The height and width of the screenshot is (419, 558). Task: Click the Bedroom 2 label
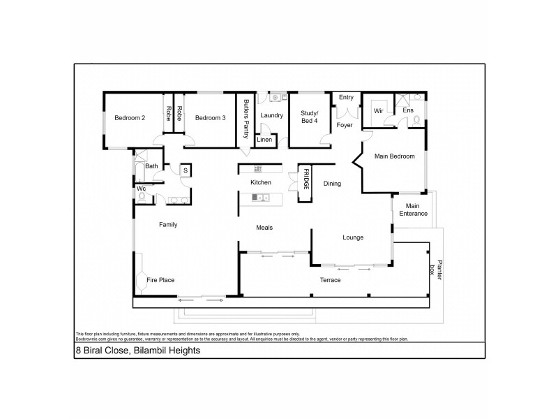click(130, 118)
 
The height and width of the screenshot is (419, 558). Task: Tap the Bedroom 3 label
click(210, 118)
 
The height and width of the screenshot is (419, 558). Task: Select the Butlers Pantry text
click(246, 118)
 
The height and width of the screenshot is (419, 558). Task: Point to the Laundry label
click(271, 115)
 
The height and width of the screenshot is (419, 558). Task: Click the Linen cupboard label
click(265, 140)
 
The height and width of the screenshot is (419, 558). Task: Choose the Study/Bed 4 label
click(309, 116)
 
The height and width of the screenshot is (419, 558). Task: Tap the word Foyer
click(345, 126)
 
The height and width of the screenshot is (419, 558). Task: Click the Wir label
click(379, 111)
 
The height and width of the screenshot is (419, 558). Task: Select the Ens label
click(408, 110)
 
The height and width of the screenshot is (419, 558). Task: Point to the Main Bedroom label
click(395, 156)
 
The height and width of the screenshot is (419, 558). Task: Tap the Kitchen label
click(261, 183)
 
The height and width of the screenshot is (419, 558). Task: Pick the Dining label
click(332, 184)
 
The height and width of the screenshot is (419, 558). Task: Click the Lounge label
click(353, 237)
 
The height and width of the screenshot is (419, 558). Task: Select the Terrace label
click(330, 280)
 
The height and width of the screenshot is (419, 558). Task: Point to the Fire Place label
click(160, 280)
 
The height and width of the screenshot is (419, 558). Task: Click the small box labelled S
click(186, 170)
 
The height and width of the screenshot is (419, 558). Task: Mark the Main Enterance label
click(413, 209)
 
